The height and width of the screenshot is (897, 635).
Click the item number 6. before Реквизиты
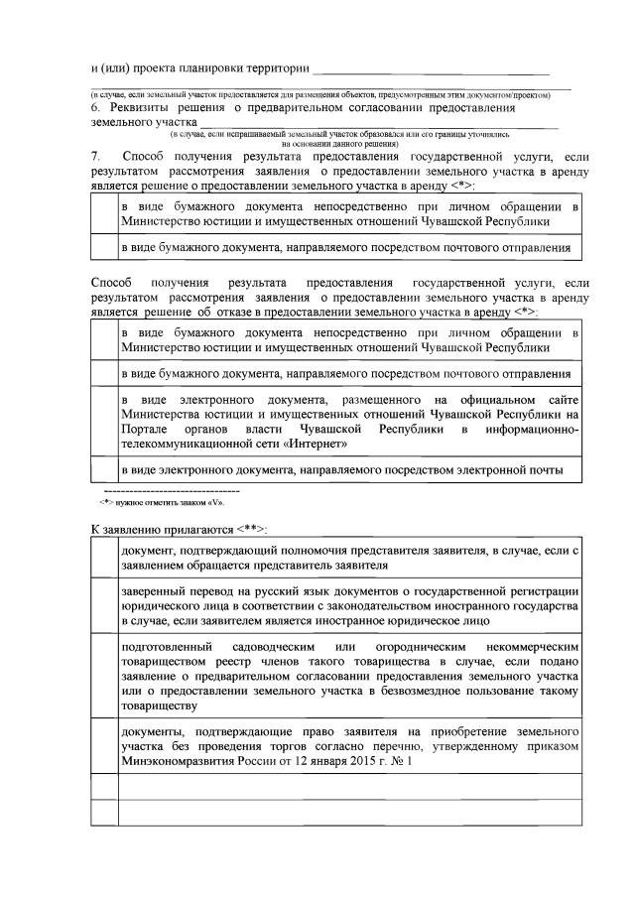tap(96, 107)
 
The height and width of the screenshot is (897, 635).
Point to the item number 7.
tap(95, 158)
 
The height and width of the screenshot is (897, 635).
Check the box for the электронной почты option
tap(103, 469)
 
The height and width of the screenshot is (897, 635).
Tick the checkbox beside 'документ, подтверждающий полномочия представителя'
tap(103, 559)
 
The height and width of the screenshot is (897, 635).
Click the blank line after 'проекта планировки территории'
tap(431, 69)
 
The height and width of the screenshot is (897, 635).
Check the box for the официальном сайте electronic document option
tap(103, 422)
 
